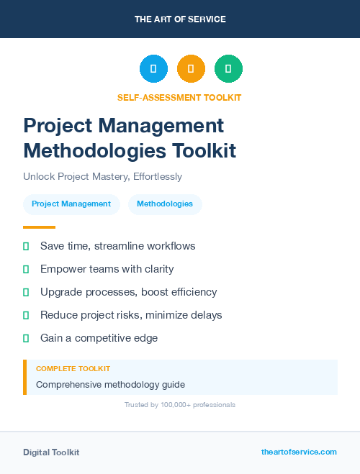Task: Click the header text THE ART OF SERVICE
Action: click(180, 19)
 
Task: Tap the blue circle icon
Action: click(153, 69)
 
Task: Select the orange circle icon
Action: click(191, 69)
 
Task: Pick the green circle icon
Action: click(228, 69)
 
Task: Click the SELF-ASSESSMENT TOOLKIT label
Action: click(179, 97)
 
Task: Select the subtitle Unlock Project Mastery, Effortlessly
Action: click(102, 176)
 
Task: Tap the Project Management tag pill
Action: click(71, 204)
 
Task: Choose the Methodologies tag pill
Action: click(165, 204)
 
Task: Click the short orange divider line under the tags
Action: click(39, 227)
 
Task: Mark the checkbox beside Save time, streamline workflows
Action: click(26, 246)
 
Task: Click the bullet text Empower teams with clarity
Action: click(107, 269)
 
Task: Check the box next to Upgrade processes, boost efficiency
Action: click(26, 292)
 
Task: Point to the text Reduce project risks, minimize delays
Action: click(131, 315)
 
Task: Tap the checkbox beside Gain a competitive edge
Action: click(26, 338)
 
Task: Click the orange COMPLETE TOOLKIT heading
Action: click(73, 368)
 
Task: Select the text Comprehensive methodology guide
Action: click(110, 384)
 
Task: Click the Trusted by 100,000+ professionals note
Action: click(179, 405)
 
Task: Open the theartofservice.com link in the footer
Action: click(299, 452)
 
